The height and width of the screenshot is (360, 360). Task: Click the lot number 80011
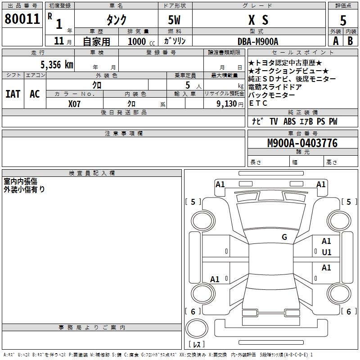tap(22, 19)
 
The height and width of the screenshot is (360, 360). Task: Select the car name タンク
tap(116, 20)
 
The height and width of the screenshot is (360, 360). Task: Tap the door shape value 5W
tap(175, 20)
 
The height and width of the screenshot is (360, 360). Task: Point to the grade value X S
tap(258, 20)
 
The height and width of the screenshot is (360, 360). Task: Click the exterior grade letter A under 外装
tap(335, 41)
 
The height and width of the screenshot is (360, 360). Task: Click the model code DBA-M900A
tap(258, 41)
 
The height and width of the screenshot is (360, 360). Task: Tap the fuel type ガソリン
tap(175, 41)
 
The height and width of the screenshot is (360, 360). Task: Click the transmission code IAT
tap(13, 94)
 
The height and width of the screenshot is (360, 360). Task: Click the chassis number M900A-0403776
tap(302, 144)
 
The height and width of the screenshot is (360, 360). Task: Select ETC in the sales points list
tap(258, 103)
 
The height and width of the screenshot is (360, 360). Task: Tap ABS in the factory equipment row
tap(289, 122)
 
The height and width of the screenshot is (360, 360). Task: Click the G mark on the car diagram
tap(284, 237)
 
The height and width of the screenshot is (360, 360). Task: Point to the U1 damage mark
tap(326, 252)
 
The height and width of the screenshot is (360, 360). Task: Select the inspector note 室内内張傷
tap(21, 181)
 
